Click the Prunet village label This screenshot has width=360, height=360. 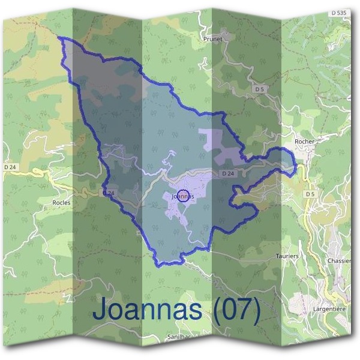[213, 39]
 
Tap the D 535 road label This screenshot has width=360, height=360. [339, 13]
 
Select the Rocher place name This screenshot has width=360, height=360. [305, 142]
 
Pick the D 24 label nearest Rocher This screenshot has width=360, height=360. [227, 173]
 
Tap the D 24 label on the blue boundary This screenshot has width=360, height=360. [109, 193]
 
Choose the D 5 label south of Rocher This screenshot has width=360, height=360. [310, 194]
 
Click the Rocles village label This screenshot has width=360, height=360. [61, 203]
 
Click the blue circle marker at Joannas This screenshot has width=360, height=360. [184, 195]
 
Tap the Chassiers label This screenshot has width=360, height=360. [340, 261]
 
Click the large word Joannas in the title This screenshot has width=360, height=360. [147, 310]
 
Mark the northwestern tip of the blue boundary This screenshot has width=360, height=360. [59, 37]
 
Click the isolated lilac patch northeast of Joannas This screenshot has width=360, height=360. [217, 142]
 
